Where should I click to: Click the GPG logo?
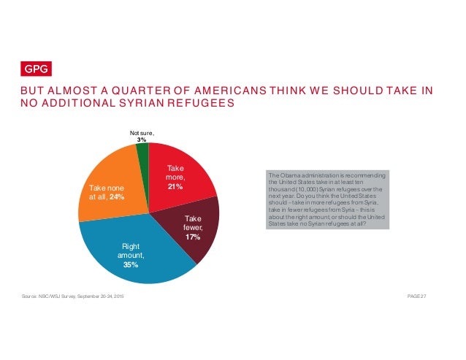click(34, 69)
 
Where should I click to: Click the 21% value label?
click(175, 187)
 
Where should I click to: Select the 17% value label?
click(193, 237)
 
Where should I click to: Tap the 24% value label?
click(117, 197)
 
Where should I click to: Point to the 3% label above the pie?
click(142, 139)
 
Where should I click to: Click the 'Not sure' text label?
click(142, 132)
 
